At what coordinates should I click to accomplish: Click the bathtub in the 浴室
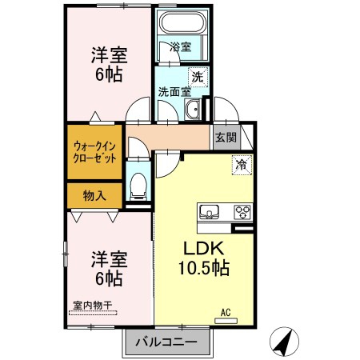click(184, 22)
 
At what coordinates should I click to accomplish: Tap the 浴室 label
click(181, 47)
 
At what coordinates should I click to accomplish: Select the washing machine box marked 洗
click(198, 77)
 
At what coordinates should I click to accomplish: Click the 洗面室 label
click(174, 92)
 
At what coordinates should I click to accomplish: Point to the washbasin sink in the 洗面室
click(192, 110)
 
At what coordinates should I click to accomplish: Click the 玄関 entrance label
click(226, 138)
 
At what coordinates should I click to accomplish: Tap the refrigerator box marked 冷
click(242, 165)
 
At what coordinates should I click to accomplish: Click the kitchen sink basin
click(210, 212)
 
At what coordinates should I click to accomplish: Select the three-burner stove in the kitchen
click(242, 212)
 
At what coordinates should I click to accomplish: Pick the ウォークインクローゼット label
click(94, 153)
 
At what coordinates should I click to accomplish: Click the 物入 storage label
click(94, 196)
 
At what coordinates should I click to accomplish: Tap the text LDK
click(203, 248)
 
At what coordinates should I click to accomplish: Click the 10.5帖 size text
click(204, 268)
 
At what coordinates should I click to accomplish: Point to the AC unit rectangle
click(226, 321)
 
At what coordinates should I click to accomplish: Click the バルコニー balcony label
click(166, 342)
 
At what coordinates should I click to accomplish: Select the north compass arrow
click(284, 342)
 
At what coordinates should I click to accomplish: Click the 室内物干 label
click(93, 306)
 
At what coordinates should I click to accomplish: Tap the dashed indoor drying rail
click(93, 313)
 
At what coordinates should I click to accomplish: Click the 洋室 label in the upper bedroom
click(110, 55)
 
